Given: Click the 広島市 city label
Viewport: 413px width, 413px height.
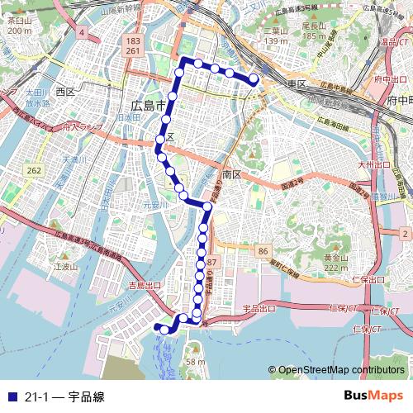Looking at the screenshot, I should point(149,105).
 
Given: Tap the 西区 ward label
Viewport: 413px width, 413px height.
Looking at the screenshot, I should point(65,92).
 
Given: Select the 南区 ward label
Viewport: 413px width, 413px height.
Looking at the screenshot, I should point(231,174).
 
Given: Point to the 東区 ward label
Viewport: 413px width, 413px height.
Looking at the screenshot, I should point(297,85).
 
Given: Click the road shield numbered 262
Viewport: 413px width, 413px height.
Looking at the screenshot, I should point(34,170).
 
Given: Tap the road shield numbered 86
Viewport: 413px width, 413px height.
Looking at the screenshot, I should point(263,250).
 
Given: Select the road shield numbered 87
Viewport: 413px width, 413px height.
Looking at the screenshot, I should point(212,262).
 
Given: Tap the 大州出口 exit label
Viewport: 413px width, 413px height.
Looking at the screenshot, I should point(373,165).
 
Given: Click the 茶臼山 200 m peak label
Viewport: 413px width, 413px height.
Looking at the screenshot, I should point(17,25).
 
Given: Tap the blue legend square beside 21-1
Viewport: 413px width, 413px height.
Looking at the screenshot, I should point(12,396).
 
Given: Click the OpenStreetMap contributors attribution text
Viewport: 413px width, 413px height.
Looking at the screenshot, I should point(340,370).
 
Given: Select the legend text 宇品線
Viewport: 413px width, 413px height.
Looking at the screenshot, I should point(86,396).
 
